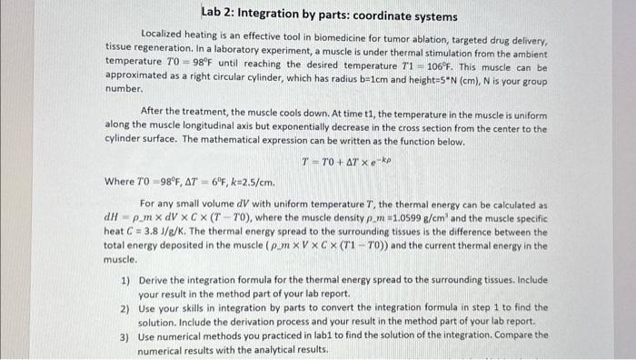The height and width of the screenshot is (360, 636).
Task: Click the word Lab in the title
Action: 213,13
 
